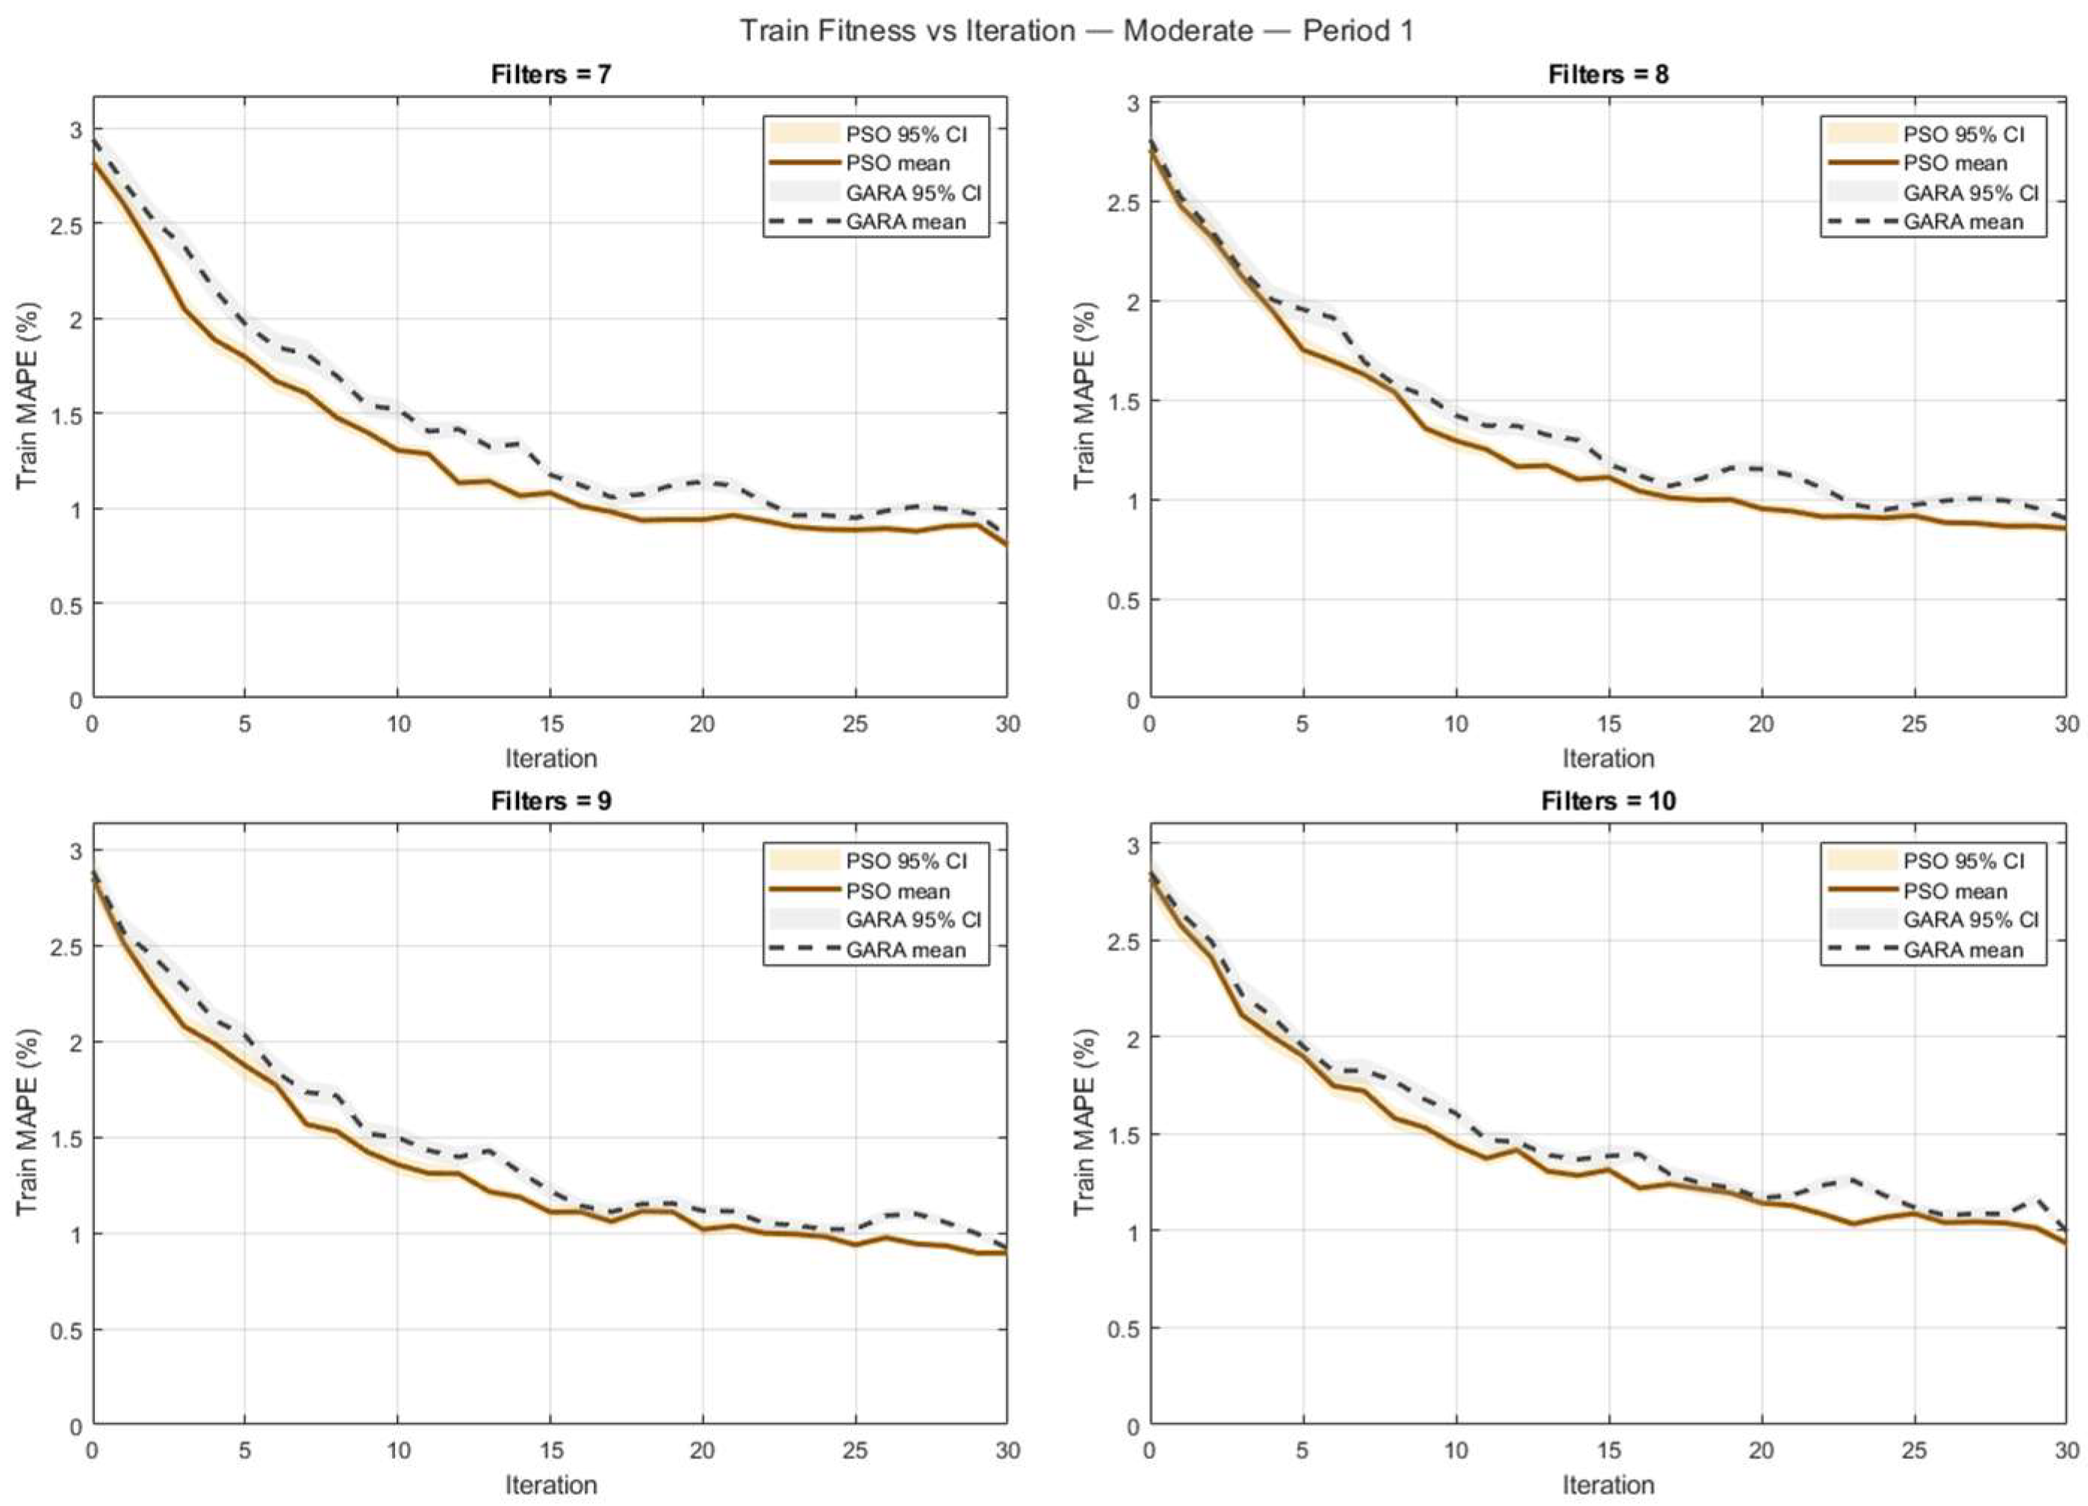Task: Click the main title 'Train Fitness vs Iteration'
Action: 908,31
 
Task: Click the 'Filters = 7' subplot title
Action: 550,74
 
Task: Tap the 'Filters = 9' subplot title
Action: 550,801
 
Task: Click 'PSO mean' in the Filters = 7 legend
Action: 898,163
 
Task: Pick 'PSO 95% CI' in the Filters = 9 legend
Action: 906,861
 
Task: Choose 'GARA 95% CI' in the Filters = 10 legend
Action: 1970,920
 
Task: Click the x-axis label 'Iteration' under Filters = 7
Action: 550,759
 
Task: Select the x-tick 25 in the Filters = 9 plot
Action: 855,1451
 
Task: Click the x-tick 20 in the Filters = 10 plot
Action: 1760,1451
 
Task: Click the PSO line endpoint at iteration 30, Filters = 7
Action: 1006,545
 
